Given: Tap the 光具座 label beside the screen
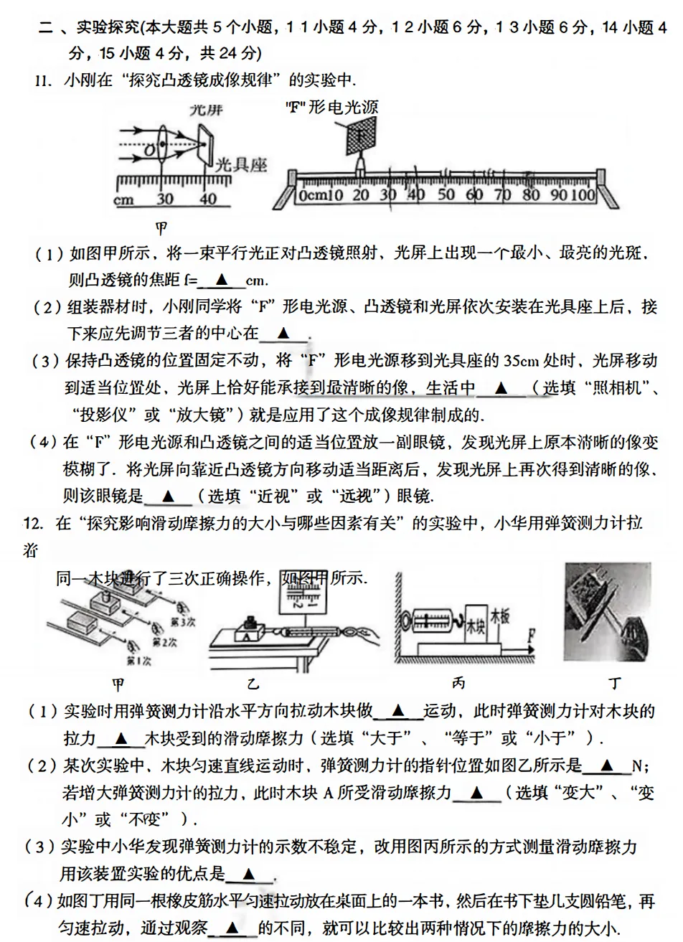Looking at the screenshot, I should point(241,164).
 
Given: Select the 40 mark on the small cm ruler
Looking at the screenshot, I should point(207,199).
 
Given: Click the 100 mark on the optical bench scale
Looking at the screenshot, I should point(583,195).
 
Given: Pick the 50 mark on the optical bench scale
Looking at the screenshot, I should point(445,195).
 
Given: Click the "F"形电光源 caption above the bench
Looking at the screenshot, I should point(331,108).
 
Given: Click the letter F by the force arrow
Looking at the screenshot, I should point(530,634).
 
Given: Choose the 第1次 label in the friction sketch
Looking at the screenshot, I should point(138,659).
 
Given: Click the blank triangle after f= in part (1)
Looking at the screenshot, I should point(221,279).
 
